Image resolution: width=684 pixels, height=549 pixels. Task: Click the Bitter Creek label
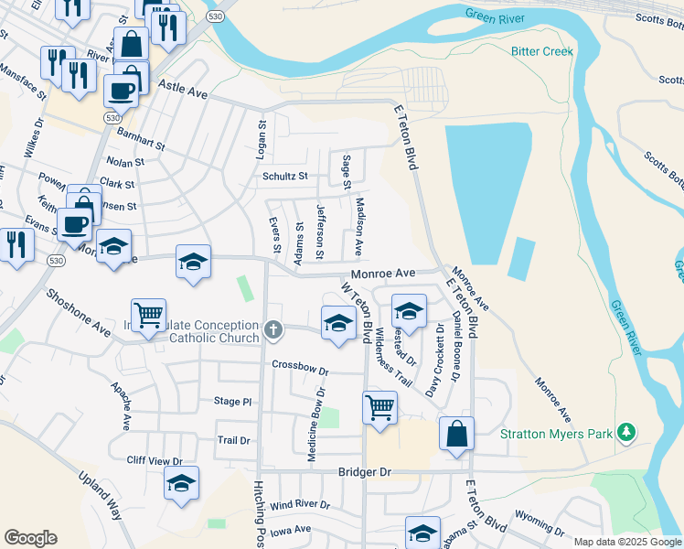click(542, 51)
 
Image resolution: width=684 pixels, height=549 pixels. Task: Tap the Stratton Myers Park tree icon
click(626, 432)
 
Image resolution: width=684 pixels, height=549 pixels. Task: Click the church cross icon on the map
click(273, 330)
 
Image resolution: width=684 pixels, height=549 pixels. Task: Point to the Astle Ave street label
click(183, 92)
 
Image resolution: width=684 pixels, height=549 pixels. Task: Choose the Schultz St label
click(284, 176)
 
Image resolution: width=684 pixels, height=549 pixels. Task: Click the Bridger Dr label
click(364, 472)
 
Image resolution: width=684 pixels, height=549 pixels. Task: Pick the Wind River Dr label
click(299, 505)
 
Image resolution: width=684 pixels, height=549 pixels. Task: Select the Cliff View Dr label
click(155, 461)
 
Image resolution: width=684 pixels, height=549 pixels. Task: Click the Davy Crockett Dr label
click(433, 361)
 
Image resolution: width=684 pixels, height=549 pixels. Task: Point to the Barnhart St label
click(141, 139)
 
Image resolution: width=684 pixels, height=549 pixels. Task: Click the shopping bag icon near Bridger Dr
click(456, 435)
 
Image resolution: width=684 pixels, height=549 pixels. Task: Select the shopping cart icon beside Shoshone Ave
click(148, 316)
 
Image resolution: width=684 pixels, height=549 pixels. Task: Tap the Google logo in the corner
click(30, 538)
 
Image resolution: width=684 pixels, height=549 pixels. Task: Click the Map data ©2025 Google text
click(627, 542)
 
